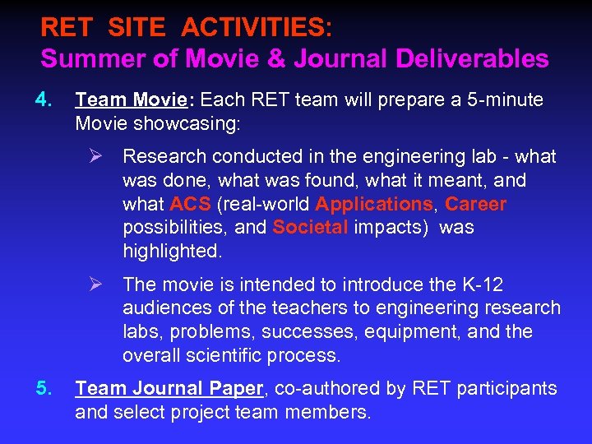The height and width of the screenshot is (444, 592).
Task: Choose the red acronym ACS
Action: (x=190, y=204)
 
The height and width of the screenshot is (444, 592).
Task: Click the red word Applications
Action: (x=373, y=204)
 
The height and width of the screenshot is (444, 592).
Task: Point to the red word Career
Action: (x=475, y=204)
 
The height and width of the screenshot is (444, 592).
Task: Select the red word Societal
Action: (x=310, y=227)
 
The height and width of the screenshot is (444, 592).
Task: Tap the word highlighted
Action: (x=172, y=251)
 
